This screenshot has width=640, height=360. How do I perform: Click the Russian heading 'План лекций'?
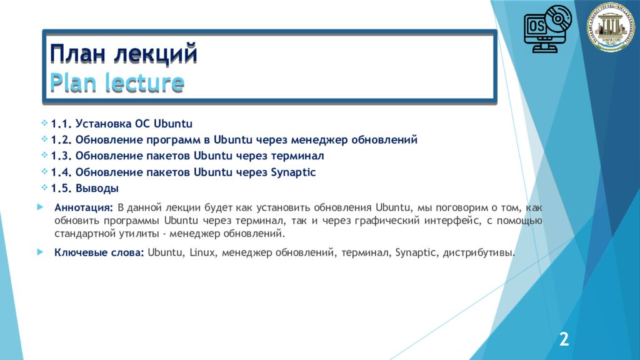(124, 54)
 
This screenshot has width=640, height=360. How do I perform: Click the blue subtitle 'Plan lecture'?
(117, 83)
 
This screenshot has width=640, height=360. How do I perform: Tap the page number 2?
(564, 340)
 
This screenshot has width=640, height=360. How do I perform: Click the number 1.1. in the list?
(62, 122)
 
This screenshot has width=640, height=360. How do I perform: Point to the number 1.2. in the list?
(62, 139)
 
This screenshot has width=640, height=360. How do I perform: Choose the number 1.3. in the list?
(62, 156)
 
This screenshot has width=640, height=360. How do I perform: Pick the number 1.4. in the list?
(62, 172)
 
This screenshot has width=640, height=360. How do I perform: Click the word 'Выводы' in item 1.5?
(99, 188)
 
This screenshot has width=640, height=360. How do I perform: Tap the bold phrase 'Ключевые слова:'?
(99, 253)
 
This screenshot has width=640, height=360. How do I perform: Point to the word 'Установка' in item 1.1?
(104, 122)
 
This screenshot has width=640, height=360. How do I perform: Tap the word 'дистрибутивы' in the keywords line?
(477, 253)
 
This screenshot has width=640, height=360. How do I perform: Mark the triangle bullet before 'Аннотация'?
(40, 207)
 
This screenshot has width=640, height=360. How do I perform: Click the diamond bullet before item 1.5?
(44, 187)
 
